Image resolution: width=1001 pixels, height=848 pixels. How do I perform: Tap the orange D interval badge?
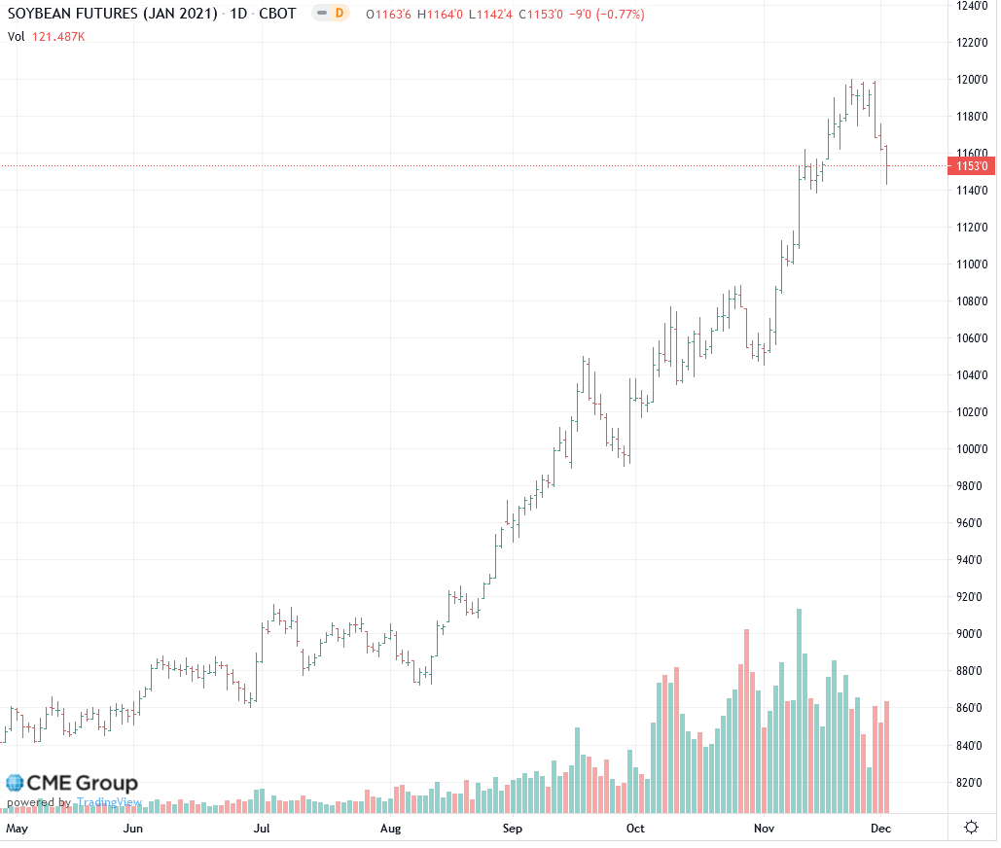[x=338, y=14]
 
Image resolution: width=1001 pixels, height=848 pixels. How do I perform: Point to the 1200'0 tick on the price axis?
[x=973, y=80]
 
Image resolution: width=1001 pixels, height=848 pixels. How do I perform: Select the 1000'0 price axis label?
[x=973, y=449]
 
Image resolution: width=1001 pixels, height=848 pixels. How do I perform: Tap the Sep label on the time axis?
[x=513, y=829]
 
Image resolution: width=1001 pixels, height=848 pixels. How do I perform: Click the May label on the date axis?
[x=18, y=829]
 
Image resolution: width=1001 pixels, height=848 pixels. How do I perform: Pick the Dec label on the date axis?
[x=880, y=829]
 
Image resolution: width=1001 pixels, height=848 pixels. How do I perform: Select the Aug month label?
[x=390, y=829]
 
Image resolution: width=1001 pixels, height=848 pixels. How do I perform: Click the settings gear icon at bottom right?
[x=970, y=828]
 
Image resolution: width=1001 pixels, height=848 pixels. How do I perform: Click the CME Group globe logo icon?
[x=15, y=783]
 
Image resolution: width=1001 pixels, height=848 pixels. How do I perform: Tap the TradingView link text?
[x=110, y=802]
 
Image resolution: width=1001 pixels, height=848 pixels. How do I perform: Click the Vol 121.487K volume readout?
[x=46, y=37]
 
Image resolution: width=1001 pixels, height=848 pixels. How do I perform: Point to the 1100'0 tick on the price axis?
[x=973, y=265]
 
